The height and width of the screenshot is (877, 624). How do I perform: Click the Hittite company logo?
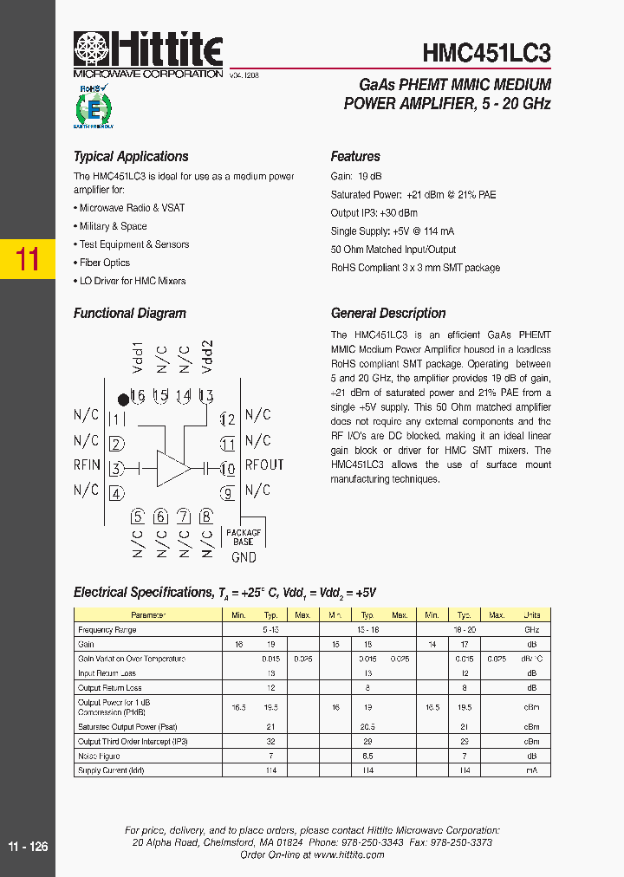tap(148, 54)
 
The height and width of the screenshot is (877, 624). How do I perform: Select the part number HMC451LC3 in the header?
tap(486, 54)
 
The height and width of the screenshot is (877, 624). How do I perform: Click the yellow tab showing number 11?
tap(28, 259)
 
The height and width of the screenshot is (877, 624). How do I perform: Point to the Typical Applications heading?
tap(131, 157)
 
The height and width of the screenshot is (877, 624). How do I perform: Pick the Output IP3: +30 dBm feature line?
tap(374, 213)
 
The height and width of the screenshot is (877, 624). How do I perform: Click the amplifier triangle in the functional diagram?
tap(172, 468)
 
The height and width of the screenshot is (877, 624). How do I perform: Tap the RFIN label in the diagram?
tap(87, 465)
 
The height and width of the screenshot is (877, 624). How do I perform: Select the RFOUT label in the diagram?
tap(263, 465)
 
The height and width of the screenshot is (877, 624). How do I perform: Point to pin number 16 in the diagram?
tap(137, 396)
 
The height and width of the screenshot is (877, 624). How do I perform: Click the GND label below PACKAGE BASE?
tap(243, 558)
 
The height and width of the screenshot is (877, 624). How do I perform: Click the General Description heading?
tap(388, 314)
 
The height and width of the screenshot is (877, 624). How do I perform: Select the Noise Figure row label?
tap(99, 757)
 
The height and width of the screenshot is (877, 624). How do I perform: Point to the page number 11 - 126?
tap(28, 847)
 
